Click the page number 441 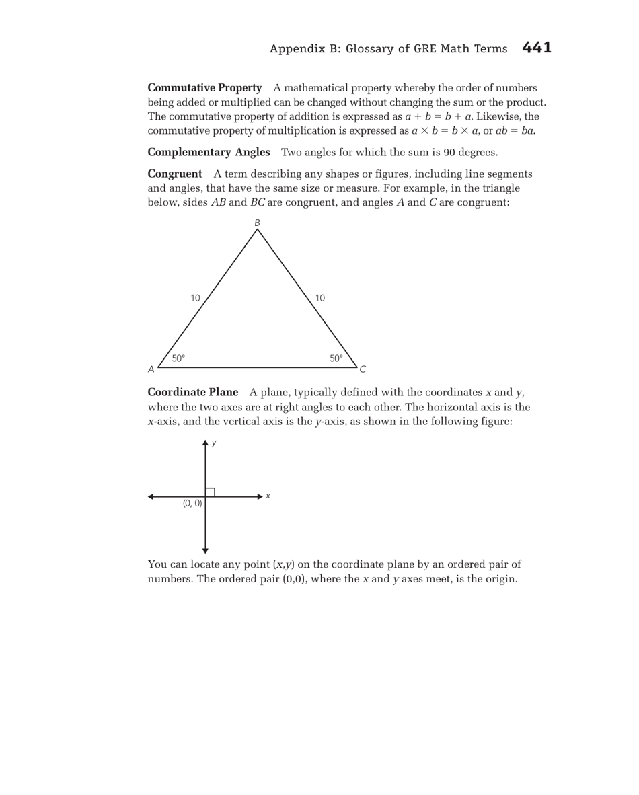point(536,48)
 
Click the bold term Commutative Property point(204,88)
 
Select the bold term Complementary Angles point(209,152)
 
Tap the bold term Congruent point(174,174)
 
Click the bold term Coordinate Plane point(192,392)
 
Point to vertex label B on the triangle point(257,223)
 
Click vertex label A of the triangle point(151,369)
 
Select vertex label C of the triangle point(363,369)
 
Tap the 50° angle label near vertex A point(178,358)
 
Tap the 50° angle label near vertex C point(336,358)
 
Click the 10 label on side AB point(195,298)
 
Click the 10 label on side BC point(320,298)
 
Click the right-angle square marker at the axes point(210,492)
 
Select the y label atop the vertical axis point(214,443)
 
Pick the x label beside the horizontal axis point(268,496)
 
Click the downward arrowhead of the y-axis point(205,551)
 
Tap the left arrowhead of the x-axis point(151,497)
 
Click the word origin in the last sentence point(500,579)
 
